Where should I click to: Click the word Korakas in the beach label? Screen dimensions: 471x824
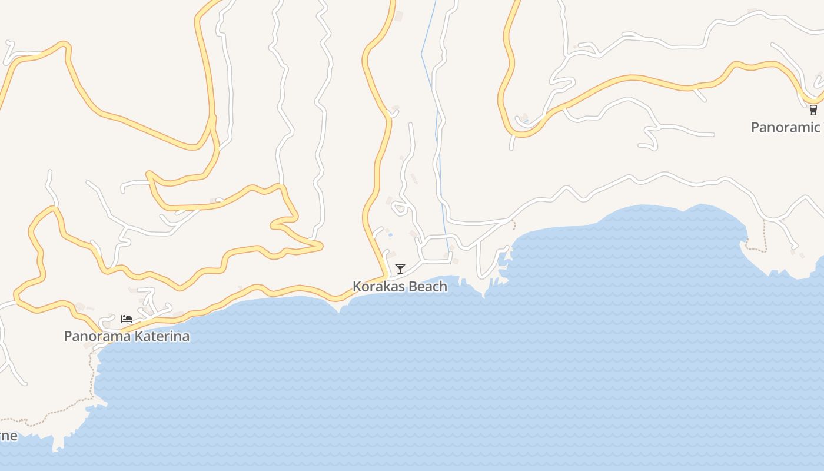point(377,287)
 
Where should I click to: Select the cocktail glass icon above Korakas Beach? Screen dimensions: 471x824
point(400,269)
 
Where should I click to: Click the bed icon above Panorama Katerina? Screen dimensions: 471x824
point(127,319)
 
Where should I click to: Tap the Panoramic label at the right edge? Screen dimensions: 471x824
point(786,127)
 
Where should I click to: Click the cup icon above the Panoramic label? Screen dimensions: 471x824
point(813,110)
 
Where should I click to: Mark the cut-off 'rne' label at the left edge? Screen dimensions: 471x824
point(8,436)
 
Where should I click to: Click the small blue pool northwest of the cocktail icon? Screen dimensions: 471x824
point(390,235)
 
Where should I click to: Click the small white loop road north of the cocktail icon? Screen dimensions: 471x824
point(400,207)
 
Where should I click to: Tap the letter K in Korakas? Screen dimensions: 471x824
point(357,287)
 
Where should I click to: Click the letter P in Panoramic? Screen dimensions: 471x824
point(755,127)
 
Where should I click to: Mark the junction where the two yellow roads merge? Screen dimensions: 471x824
point(212,121)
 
